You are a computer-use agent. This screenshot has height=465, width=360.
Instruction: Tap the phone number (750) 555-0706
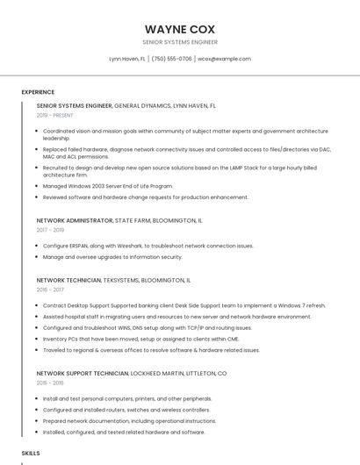click(171, 59)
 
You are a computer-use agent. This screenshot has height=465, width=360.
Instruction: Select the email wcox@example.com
click(224, 59)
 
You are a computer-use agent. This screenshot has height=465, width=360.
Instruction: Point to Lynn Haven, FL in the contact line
click(126, 59)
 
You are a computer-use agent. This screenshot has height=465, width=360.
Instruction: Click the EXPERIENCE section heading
click(38, 91)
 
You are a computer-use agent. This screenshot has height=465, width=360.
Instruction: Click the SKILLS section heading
click(31, 453)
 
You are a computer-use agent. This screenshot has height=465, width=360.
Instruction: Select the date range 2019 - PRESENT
click(54, 115)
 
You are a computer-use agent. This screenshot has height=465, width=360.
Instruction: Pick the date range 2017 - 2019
click(50, 230)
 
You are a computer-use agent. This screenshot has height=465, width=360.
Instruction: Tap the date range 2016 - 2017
click(50, 289)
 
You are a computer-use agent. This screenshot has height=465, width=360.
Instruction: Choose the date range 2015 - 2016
click(50, 383)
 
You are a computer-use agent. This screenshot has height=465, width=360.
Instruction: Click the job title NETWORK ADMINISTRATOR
click(75, 220)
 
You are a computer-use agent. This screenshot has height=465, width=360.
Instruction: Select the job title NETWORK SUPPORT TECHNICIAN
click(83, 373)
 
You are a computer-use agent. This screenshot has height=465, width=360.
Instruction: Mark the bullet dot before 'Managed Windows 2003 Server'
click(38, 186)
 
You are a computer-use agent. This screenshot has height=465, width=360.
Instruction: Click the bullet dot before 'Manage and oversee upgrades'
click(38, 257)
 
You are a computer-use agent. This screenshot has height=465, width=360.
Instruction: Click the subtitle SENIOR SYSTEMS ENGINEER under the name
click(179, 41)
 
